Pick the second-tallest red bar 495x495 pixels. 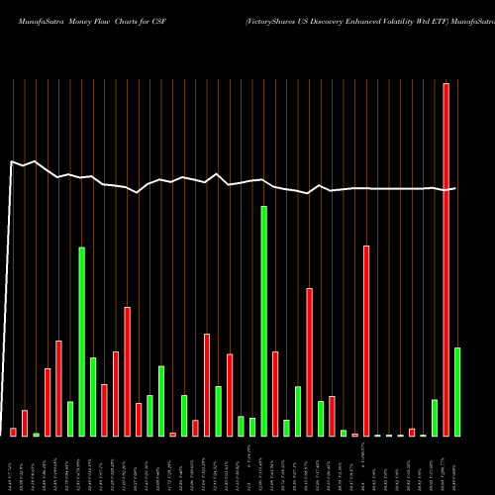[366, 341]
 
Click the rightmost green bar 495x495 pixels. [457, 392]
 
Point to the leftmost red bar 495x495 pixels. [14, 432]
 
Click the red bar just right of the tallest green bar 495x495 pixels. [275, 394]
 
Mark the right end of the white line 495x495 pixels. [456, 188]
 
